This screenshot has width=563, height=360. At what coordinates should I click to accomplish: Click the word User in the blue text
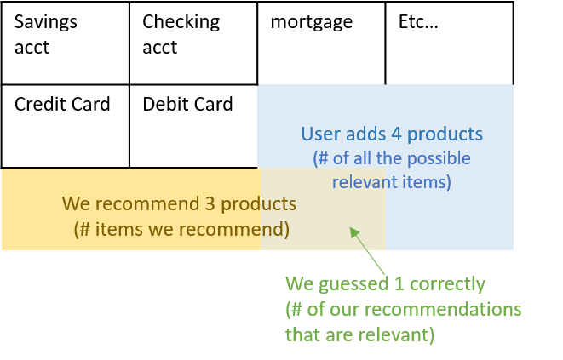pyautogui.click(x=319, y=134)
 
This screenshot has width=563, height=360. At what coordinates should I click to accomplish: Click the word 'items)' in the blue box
pyautogui.click(x=428, y=182)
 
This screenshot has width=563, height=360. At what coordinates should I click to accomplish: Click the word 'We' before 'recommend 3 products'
pyautogui.click(x=76, y=205)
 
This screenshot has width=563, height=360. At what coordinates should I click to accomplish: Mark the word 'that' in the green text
pyautogui.click(x=301, y=334)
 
